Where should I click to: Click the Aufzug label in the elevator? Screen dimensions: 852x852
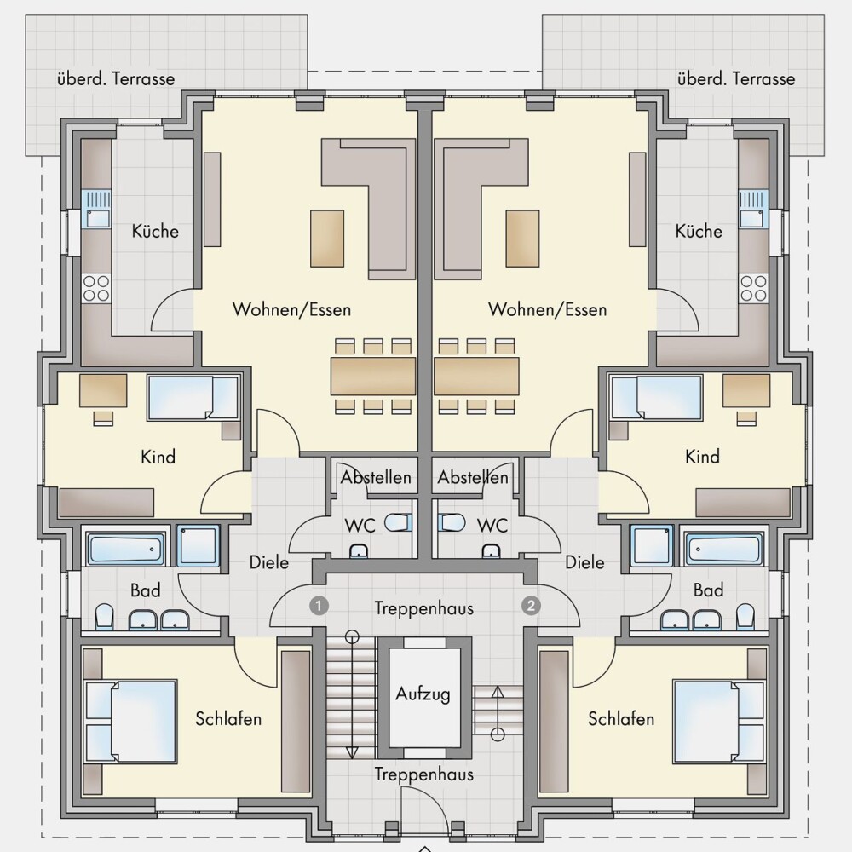click(423, 694)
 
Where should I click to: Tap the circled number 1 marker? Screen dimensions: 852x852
click(319, 605)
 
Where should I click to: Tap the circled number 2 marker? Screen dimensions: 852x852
click(531, 605)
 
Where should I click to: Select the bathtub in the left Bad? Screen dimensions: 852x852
click(125, 548)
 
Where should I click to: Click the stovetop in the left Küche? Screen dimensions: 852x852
click(95, 288)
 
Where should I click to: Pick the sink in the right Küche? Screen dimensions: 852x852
click(754, 209)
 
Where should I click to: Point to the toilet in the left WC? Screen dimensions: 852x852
click(398, 523)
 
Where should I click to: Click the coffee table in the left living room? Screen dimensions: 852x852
click(327, 239)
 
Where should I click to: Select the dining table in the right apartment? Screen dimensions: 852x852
click(476, 376)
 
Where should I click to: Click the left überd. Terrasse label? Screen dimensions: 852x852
click(116, 78)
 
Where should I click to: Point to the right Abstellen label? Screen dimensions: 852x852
click(473, 477)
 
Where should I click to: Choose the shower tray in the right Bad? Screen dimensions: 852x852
click(652, 545)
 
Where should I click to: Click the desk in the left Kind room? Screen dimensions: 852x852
click(103, 391)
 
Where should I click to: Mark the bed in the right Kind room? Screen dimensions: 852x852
click(656, 398)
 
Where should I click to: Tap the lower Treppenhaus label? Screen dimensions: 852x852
click(423, 774)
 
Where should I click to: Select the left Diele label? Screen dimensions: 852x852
click(269, 562)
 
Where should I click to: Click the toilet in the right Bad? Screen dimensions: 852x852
click(745, 617)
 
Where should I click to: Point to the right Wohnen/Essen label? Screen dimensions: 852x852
click(547, 309)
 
